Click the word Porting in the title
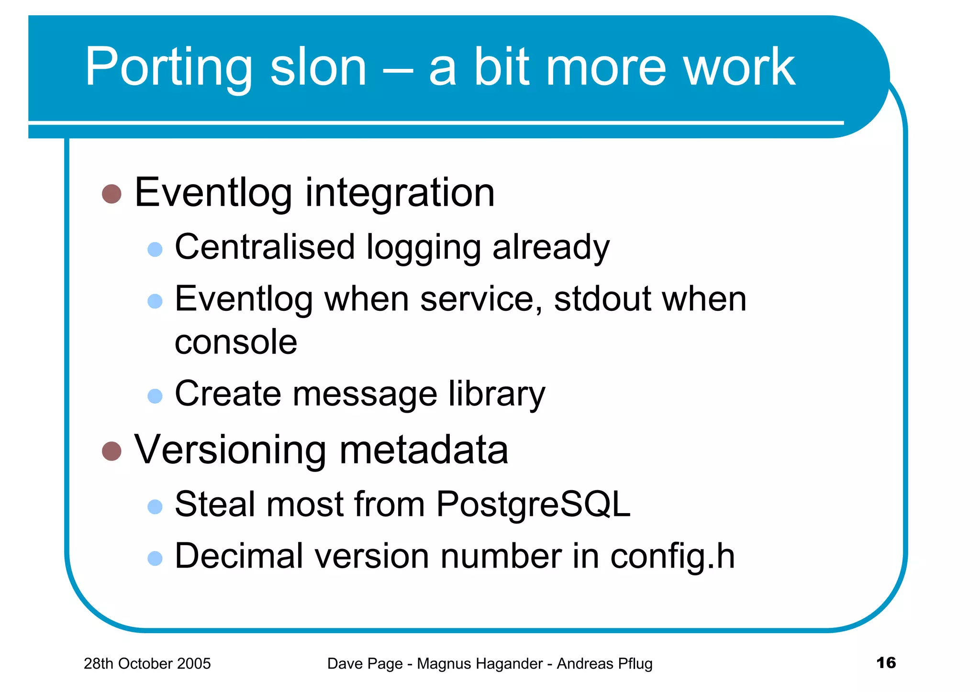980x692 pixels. coord(168,68)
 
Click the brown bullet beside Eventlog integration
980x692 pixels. coord(111,194)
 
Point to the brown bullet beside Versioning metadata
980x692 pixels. coord(111,451)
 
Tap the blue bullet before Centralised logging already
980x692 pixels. coord(155,249)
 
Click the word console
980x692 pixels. coord(236,342)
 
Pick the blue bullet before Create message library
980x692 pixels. coord(155,396)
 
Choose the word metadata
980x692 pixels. coord(424,450)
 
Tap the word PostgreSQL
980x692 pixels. coord(533,505)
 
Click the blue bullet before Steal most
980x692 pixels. coord(155,506)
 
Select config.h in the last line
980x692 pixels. coord(672,556)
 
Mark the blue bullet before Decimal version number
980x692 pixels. coord(155,558)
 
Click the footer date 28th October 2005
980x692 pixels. coord(147,664)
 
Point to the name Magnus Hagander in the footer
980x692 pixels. coord(479,664)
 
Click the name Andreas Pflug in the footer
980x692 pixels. coord(604,664)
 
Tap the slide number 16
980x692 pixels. coord(886,663)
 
